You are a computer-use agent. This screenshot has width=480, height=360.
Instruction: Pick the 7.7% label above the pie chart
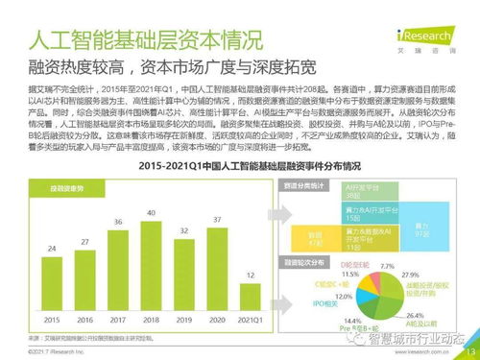(389, 265)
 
